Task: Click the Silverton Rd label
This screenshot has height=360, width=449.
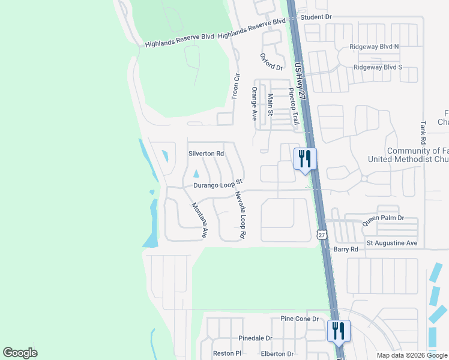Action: coord(206,154)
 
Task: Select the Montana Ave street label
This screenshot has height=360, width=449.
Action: coord(200,221)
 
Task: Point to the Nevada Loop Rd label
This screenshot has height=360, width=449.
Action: coord(241,215)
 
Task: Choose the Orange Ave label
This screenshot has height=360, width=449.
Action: coord(255,103)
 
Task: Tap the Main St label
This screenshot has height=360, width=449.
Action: coord(271,104)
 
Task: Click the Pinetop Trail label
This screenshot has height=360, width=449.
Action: coord(294,106)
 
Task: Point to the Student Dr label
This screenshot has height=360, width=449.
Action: coord(316,17)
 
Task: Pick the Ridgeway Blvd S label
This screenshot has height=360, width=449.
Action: coord(378,67)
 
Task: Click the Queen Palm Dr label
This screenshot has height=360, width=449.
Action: coord(383,221)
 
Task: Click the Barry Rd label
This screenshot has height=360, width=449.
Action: coord(346,249)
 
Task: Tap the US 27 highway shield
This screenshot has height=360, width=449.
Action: coord(322,235)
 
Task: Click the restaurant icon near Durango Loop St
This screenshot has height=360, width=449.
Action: coord(305,159)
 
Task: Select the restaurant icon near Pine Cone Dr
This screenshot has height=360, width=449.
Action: coord(339,331)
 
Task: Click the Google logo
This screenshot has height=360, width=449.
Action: coord(20,352)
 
